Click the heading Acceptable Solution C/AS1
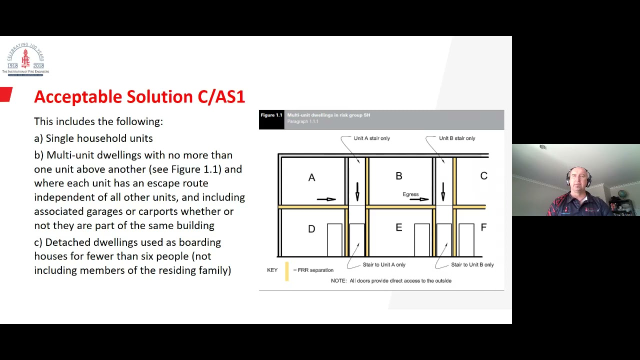click(x=139, y=96)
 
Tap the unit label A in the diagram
click(x=311, y=177)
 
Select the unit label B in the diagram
click(x=398, y=176)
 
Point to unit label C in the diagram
click(x=483, y=176)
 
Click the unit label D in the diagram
click(x=311, y=229)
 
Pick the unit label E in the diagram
click(x=398, y=227)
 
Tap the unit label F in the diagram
click(x=483, y=227)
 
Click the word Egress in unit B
click(x=410, y=194)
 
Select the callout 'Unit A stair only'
click(x=371, y=138)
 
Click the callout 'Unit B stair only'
click(x=457, y=138)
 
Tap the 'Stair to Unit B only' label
click(x=472, y=265)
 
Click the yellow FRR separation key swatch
click(x=287, y=271)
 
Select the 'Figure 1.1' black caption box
click(x=271, y=119)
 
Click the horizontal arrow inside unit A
click(x=326, y=199)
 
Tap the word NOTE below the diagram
click(x=338, y=281)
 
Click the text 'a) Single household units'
click(x=93, y=138)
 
